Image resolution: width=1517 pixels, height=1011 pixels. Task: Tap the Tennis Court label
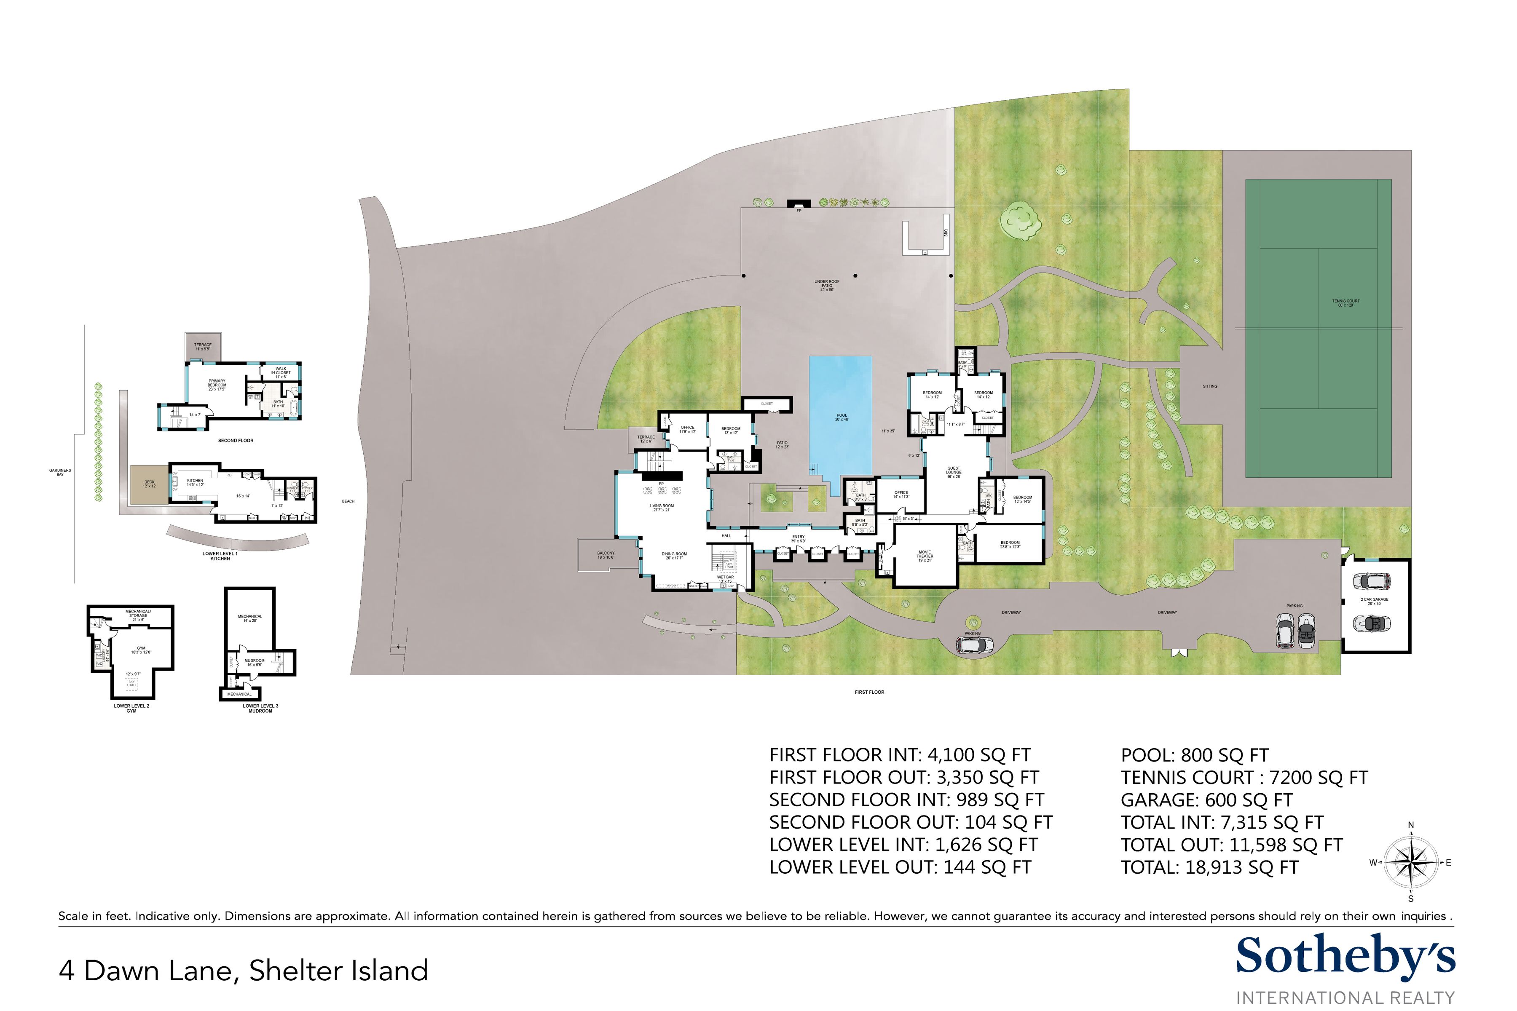coord(1345,302)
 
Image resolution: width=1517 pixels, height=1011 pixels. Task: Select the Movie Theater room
coord(924,556)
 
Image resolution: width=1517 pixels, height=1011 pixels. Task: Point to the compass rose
coord(1410,862)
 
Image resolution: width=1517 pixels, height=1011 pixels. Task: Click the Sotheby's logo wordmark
coord(1345,956)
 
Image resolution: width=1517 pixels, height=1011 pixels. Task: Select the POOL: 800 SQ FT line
coord(1195,755)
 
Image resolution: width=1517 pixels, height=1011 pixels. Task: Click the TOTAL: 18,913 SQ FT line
coord(1209,867)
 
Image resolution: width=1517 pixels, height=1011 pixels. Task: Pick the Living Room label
coord(661,508)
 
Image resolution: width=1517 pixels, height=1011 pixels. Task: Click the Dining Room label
coord(674,555)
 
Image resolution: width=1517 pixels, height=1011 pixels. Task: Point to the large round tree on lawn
coord(1020,220)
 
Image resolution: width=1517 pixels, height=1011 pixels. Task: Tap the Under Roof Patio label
coord(826,285)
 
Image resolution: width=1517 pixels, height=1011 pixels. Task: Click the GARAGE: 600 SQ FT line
coord(1206,800)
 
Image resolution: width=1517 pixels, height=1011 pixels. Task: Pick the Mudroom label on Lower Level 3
coord(255,662)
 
